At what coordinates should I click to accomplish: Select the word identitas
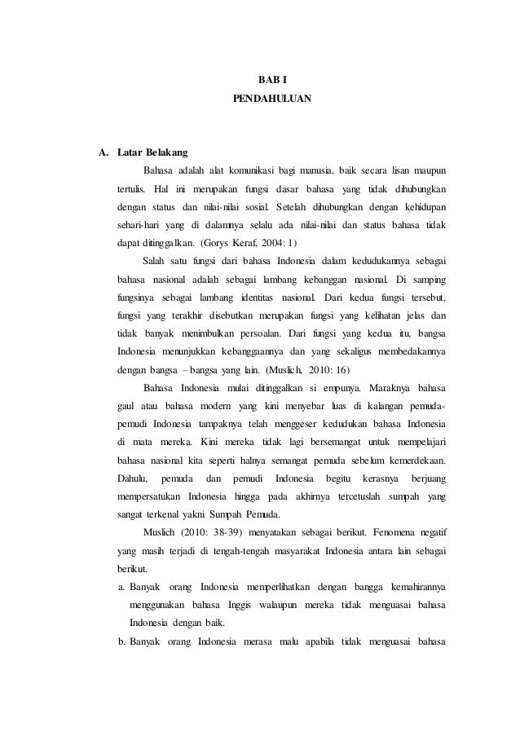click(x=254, y=296)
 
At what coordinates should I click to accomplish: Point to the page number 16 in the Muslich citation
click(x=337, y=368)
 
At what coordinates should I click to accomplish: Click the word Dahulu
click(x=133, y=479)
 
